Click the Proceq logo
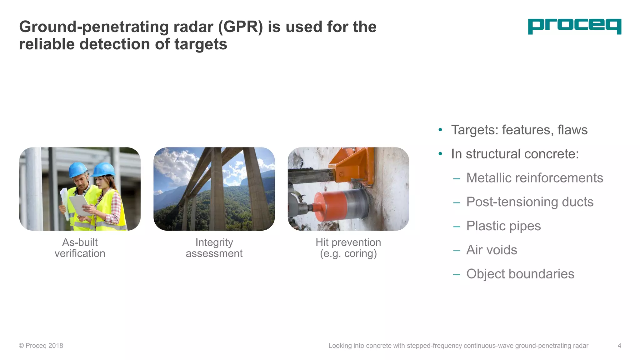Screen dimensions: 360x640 click(574, 26)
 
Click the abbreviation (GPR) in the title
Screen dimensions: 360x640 click(240, 27)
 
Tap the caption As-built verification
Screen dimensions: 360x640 click(80, 248)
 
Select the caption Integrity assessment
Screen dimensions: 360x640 click(214, 248)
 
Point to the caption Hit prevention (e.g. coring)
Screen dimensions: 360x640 click(348, 248)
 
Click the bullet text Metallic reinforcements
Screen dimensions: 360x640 click(534, 178)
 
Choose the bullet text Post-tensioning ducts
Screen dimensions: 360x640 click(530, 202)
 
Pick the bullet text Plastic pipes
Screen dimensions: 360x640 click(503, 226)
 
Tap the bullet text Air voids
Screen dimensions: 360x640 click(492, 250)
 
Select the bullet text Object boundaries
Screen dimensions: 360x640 click(520, 274)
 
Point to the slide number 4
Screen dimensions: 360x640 click(619, 346)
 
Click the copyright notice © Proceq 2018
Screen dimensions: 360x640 click(41, 346)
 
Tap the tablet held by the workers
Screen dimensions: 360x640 click(78, 205)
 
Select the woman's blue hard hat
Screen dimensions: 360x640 click(104, 169)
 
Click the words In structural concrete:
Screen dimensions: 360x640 click(515, 154)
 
